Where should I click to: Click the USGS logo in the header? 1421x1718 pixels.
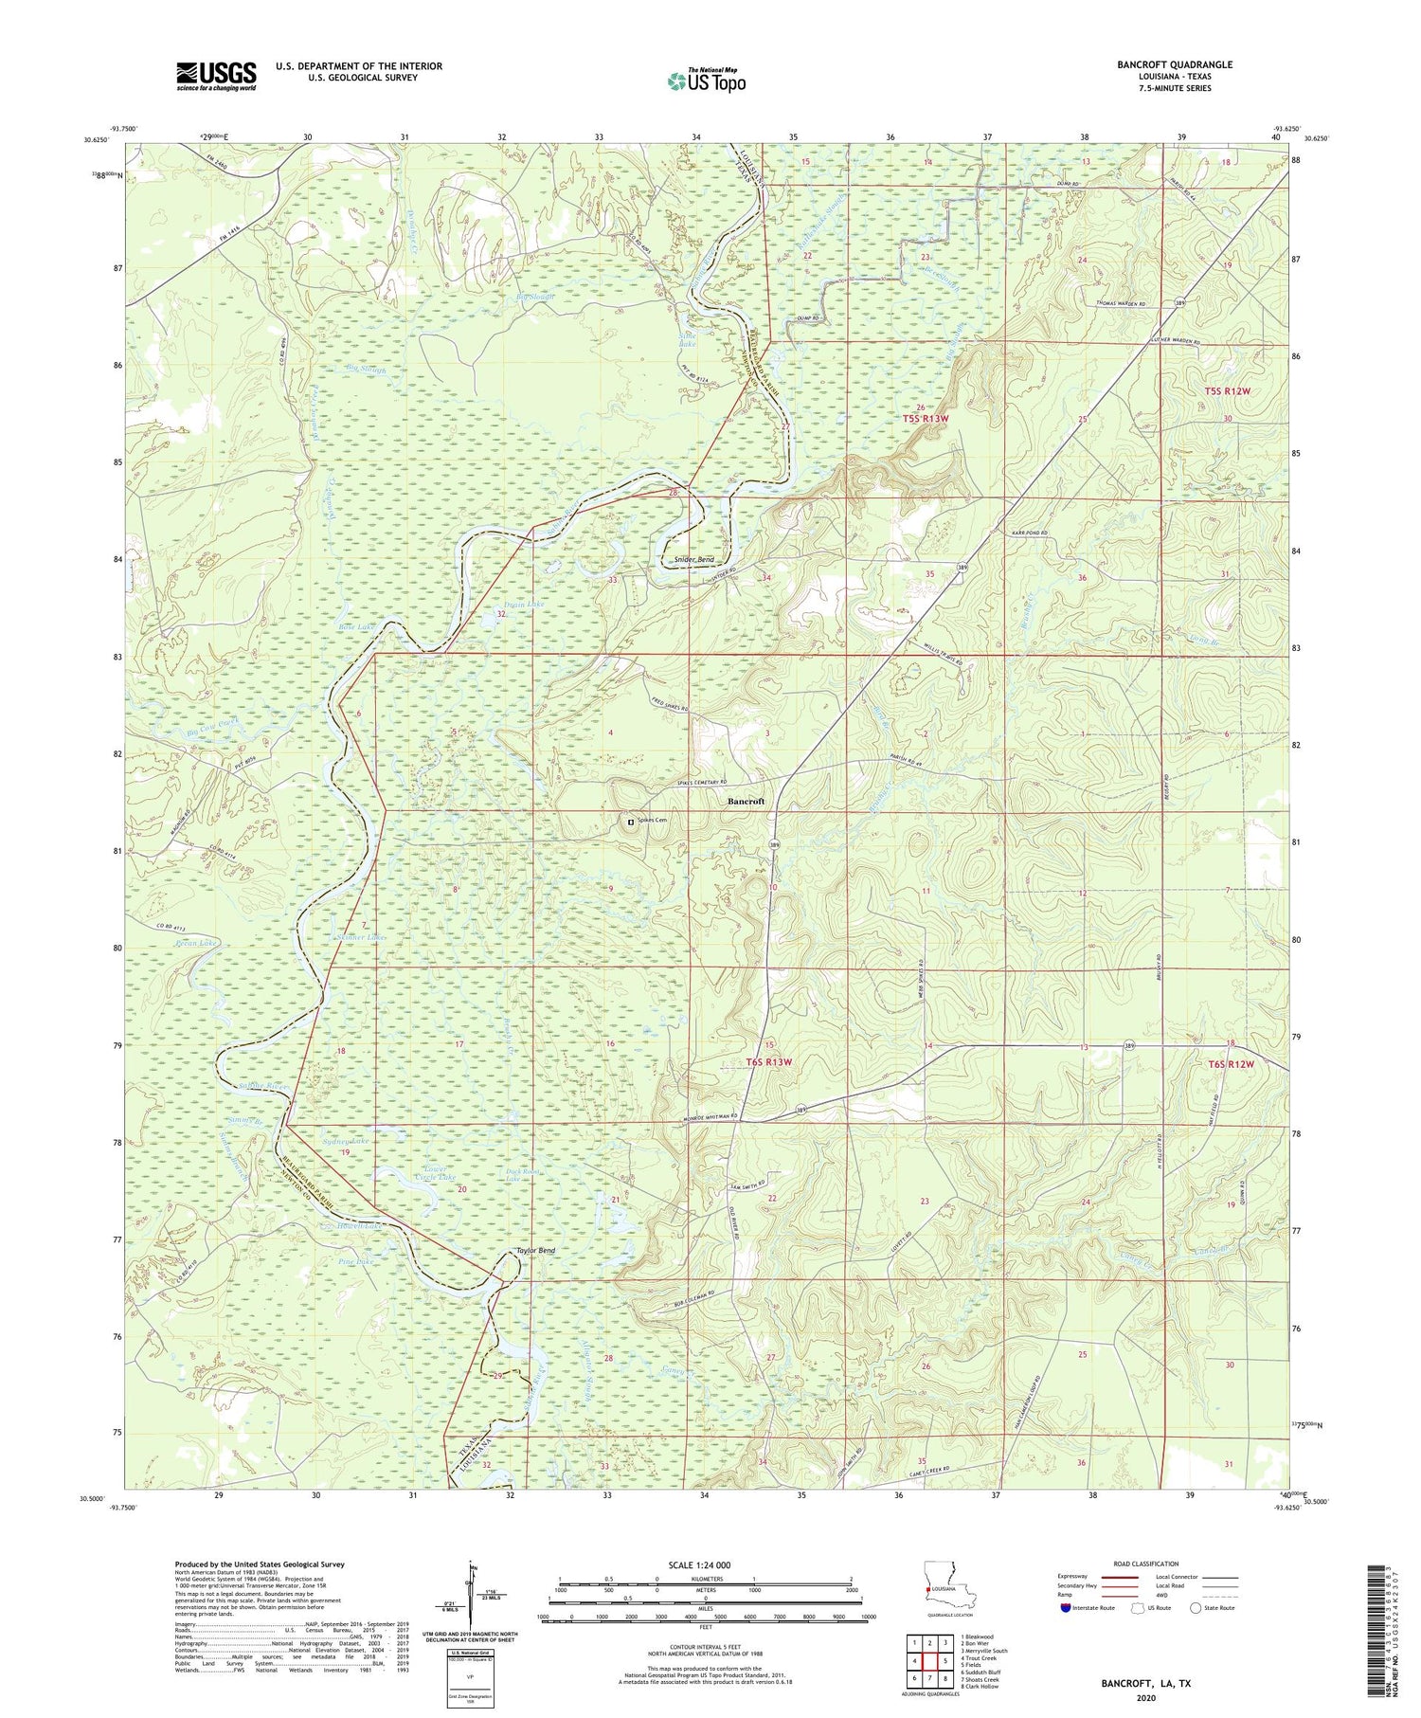[216, 76]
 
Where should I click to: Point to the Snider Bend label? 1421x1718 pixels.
[693, 560]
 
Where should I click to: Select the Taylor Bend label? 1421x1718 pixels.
[535, 1250]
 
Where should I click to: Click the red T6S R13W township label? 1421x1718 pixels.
[767, 1062]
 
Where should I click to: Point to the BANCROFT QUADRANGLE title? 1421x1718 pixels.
[1175, 64]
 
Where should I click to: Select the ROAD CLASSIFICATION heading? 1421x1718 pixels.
[1144, 1564]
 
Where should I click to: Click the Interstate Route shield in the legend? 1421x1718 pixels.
[1066, 1608]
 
